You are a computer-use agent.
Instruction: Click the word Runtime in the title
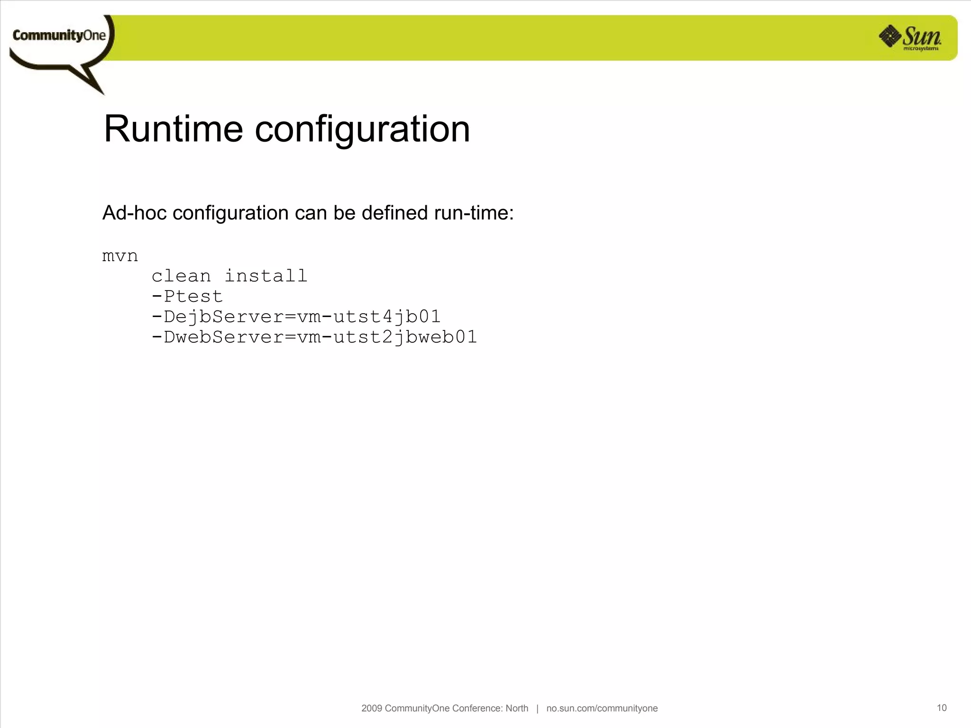(174, 129)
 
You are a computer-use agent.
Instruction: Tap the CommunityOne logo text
(59, 36)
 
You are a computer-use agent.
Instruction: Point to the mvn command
(120, 256)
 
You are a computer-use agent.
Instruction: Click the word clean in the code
(181, 276)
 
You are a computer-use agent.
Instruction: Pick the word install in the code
(266, 276)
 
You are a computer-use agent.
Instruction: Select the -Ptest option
(187, 297)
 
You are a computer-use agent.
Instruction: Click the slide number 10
(942, 708)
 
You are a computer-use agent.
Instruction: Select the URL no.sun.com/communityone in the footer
(602, 708)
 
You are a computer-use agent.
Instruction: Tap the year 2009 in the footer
(372, 708)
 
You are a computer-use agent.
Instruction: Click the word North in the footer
(517, 708)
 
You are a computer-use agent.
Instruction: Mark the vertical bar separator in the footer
(537, 708)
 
